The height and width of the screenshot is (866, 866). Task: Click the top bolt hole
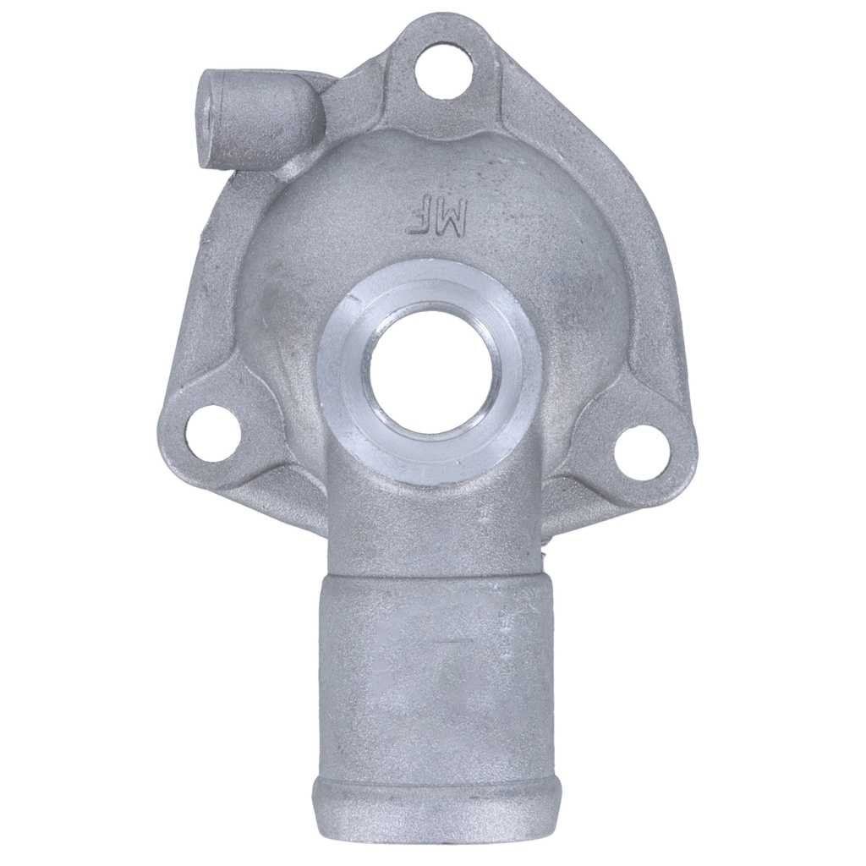pyautogui.click(x=444, y=73)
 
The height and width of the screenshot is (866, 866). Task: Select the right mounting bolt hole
pyautogui.click(x=643, y=453)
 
